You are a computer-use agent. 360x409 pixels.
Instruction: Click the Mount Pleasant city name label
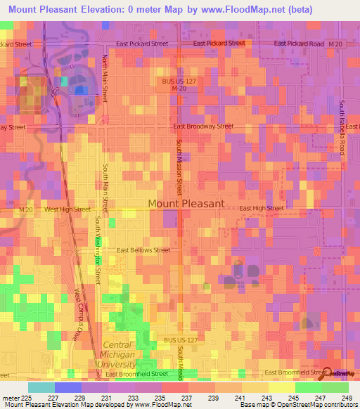[186, 204]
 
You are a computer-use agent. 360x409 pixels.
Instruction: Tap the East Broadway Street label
[203, 126]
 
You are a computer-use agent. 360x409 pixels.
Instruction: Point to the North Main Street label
[105, 78]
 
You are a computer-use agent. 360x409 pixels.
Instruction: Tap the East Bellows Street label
[143, 250]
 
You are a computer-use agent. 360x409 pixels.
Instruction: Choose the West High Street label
[67, 209]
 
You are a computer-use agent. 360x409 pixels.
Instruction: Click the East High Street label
[261, 209]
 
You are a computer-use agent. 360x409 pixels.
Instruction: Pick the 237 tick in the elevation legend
[186, 397]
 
